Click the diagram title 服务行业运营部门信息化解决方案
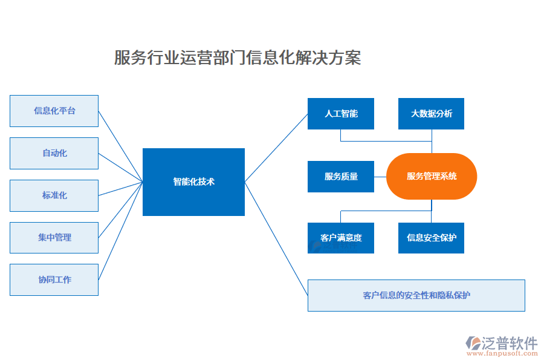[238, 57]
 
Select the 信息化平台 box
[54, 111]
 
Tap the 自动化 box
[54, 153]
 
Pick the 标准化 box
[54, 195]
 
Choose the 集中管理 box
[54, 238]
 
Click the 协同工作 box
[54, 280]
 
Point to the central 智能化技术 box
[193, 181]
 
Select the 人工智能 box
[341, 114]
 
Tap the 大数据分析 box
[431, 114]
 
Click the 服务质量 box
[341, 177]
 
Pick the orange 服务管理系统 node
[432, 177]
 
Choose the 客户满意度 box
[341, 237]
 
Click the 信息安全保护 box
[431, 237]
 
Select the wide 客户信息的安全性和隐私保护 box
[416, 295]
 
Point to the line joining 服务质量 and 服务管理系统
[380, 177]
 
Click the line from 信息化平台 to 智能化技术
[120, 146]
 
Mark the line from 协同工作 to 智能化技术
[120, 231]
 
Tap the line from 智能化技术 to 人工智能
[276, 148]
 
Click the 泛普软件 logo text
[510, 343]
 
